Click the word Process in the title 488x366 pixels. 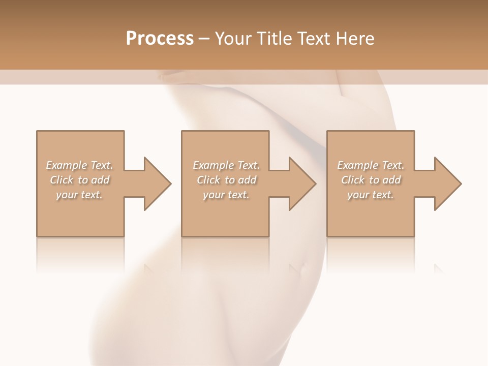[160, 38]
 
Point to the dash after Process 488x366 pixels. [204, 39]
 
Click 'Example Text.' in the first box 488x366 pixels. [80, 165]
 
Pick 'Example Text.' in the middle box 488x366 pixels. [226, 165]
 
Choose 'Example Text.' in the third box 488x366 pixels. [371, 165]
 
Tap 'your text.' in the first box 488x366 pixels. [80, 195]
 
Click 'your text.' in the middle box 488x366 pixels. [226, 195]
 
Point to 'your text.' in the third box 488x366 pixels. [371, 195]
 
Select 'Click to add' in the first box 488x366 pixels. [80, 180]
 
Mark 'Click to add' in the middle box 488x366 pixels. [226, 180]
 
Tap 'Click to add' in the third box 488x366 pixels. [371, 180]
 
